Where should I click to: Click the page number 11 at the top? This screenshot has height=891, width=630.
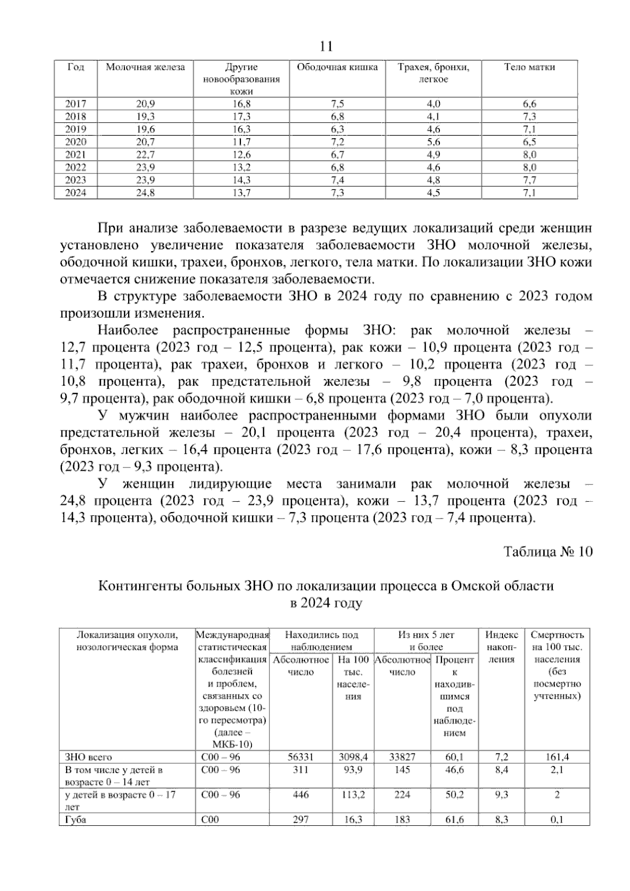coord(325,47)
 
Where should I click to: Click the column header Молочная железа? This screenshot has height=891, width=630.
coord(145,67)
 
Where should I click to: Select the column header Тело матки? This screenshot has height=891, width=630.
coord(529,67)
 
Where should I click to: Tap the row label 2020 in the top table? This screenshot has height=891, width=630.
coord(76,142)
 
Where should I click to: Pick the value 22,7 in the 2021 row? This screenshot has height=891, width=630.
coord(145,155)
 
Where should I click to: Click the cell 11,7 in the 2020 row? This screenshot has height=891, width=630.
coord(241,142)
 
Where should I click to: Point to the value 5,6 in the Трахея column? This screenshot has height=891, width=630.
coord(434,142)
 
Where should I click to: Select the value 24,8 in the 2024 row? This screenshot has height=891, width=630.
coord(145,193)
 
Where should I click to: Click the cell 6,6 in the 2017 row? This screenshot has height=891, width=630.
coord(529,104)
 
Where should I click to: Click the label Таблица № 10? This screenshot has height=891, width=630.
coord(548,552)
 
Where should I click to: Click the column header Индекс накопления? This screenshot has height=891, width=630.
coord(502,647)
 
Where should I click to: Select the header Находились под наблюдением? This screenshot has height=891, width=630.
coord(321,640)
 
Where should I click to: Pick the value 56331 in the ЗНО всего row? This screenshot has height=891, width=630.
coord(301,757)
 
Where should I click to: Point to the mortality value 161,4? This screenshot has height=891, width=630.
coord(557,757)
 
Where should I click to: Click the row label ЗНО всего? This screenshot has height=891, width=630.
coord(88,757)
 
